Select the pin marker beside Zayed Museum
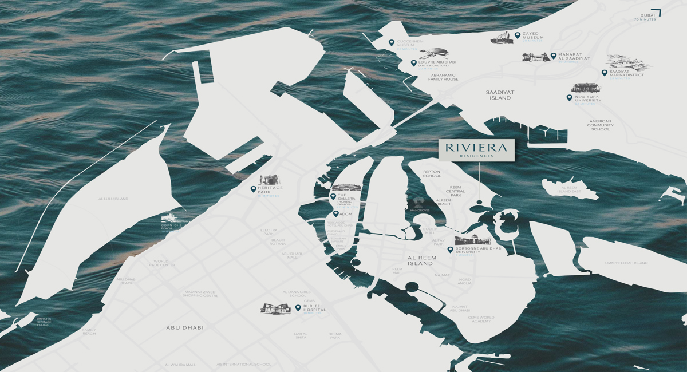coord(517,35)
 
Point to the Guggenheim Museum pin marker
coord(391,42)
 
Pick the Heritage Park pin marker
coord(254,189)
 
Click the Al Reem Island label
coord(421,261)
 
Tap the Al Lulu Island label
coord(113,199)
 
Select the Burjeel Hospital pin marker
coord(298,308)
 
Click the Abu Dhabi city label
coord(185,327)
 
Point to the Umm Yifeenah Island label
coord(626,263)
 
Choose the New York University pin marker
coord(569,98)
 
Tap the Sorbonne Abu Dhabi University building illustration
coord(473,240)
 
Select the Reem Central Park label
coord(456,191)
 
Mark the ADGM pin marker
coord(335,214)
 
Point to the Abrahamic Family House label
coord(444,77)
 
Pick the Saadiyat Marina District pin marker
coord(604,73)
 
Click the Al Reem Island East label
coord(571,189)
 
